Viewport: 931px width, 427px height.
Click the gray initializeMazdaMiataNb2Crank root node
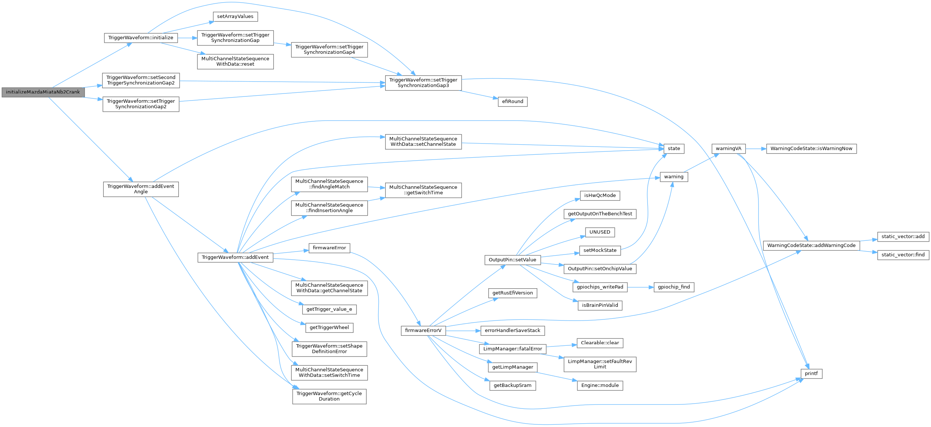click(43, 92)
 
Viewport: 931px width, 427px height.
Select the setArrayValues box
click(235, 16)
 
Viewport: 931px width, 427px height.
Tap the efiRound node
click(512, 101)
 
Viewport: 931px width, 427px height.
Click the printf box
click(811, 374)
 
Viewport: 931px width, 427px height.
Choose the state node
click(673, 148)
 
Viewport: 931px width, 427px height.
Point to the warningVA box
click(728, 148)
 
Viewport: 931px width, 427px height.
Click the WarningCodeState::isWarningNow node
click(811, 148)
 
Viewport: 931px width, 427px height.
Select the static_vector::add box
click(903, 236)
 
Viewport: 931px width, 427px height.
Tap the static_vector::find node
click(903, 255)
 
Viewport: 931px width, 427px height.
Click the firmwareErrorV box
click(423, 331)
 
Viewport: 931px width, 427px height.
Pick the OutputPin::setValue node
click(512, 260)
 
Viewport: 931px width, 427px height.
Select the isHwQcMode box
click(600, 196)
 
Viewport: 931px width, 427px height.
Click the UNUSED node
click(600, 232)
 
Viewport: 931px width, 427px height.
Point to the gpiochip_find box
click(673, 287)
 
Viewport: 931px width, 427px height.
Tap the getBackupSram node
click(512, 385)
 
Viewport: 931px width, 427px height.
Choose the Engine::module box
click(600, 385)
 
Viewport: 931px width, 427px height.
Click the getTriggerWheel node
click(329, 328)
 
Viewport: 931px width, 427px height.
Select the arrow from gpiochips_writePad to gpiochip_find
click(640, 287)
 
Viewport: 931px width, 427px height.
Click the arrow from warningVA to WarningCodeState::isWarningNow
click(755, 148)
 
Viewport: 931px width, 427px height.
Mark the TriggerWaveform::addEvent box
click(235, 257)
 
